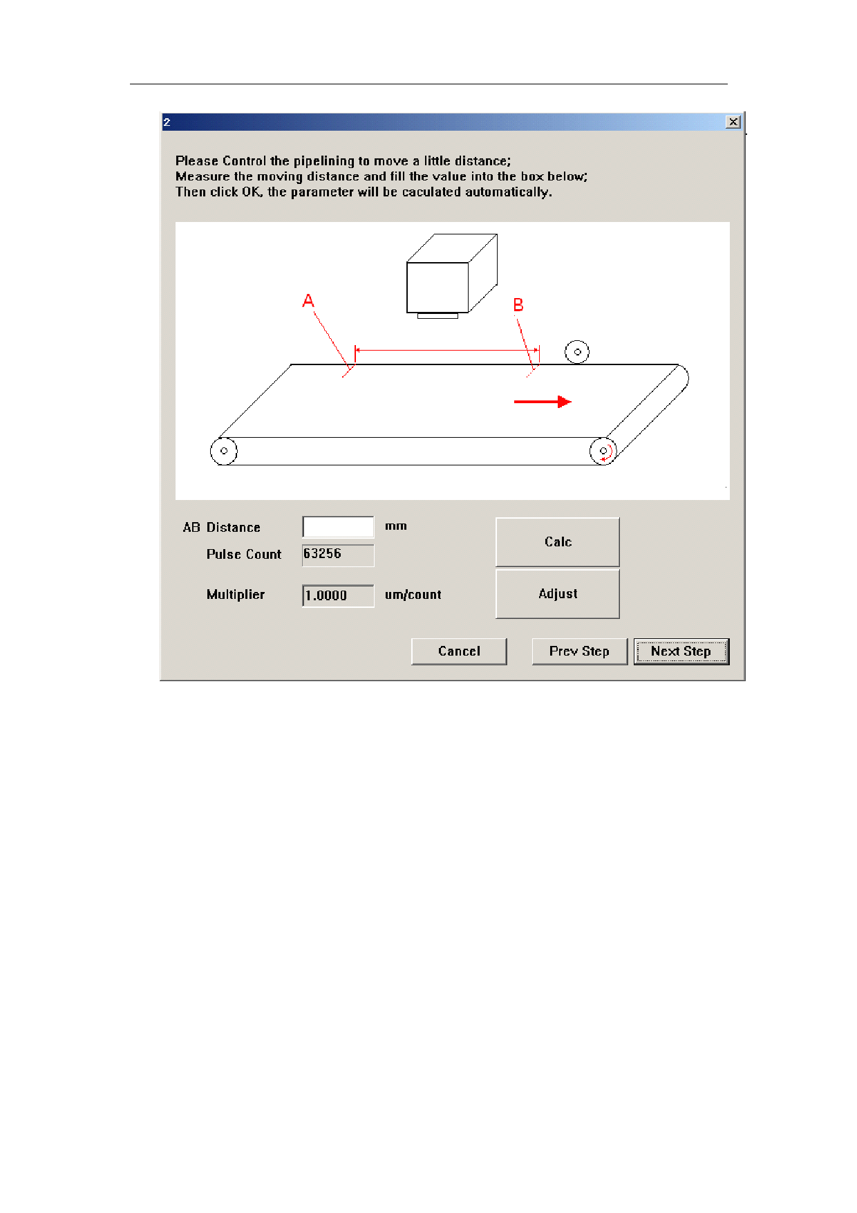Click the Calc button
(557, 542)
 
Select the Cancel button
(459, 651)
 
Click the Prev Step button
(579, 651)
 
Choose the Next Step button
(681, 651)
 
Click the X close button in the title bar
(733, 122)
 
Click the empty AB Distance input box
(338, 527)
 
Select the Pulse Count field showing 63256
(338, 555)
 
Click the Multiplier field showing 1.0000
(338, 595)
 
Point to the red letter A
(308, 301)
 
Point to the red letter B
(518, 305)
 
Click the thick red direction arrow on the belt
(543, 402)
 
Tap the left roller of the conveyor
(224, 451)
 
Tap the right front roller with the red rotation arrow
(603, 451)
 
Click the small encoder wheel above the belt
(577, 352)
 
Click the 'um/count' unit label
(413, 595)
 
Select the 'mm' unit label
(396, 526)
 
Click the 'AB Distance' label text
(222, 528)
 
